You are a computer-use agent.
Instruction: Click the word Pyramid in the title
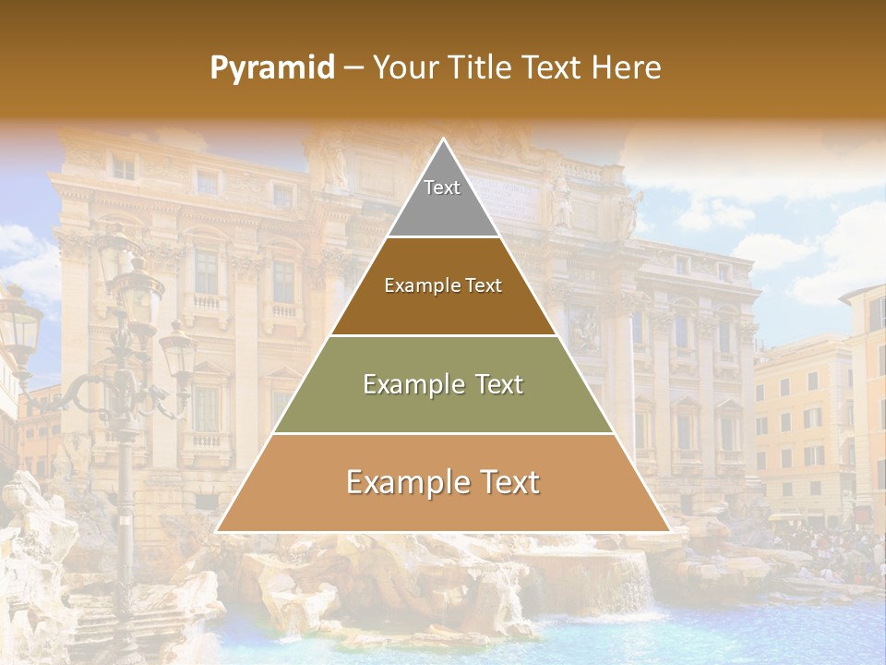pyautogui.click(x=272, y=68)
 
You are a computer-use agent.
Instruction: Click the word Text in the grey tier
pyautogui.click(x=442, y=187)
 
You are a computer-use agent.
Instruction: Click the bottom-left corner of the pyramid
pyautogui.click(x=218, y=531)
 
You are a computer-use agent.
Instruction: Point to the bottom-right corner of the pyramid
pyautogui.click(x=669, y=531)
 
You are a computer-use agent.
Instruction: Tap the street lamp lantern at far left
pyautogui.click(x=18, y=323)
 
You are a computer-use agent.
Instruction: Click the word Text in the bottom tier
pyautogui.click(x=506, y=483)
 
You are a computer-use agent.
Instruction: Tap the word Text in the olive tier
pyautogui.click(x=494, y=385)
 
